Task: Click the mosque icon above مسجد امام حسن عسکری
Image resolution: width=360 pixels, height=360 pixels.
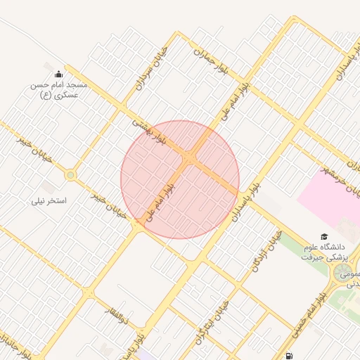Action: click(x=58, y=74)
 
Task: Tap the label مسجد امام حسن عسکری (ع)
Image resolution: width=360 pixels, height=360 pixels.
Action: click(x=58, y=89)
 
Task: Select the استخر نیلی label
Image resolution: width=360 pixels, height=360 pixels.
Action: click(x=48, y=200)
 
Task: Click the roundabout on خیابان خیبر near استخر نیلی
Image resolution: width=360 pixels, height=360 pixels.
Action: click(x=70, y=174)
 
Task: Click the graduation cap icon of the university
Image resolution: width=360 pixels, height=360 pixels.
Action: click(x=324, y=237)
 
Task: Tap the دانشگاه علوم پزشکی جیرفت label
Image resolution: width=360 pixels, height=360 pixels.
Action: click(x=324, y=252)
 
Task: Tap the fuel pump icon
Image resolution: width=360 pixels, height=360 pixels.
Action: click(x=290, y=356)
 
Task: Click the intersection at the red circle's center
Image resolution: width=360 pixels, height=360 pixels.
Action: click(x=189, y=160)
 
